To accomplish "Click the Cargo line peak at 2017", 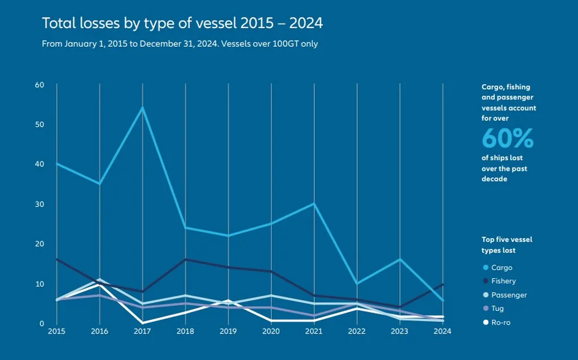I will point(142,107).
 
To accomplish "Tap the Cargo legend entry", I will point(501,267).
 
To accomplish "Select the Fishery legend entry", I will point(503,281).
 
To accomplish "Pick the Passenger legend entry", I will point(507,295).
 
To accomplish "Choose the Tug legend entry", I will point(497,309).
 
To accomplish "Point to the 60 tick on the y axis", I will point(40,85).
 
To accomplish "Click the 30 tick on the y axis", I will point(40,204).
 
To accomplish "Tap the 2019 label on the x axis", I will point(228,331).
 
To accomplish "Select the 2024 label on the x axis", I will point(443,331).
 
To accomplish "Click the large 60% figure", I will point(507,139).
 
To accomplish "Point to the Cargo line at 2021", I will point(314,204).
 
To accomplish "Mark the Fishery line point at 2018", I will point(185,260).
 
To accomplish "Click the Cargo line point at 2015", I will point(57,164).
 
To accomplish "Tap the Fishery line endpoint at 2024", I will point(443,284).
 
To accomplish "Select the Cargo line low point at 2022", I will point(357,283).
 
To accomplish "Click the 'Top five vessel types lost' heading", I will point(506,245).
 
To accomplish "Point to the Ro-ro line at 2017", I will point(142,322).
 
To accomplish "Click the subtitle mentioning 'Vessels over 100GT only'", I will point(179,44).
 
